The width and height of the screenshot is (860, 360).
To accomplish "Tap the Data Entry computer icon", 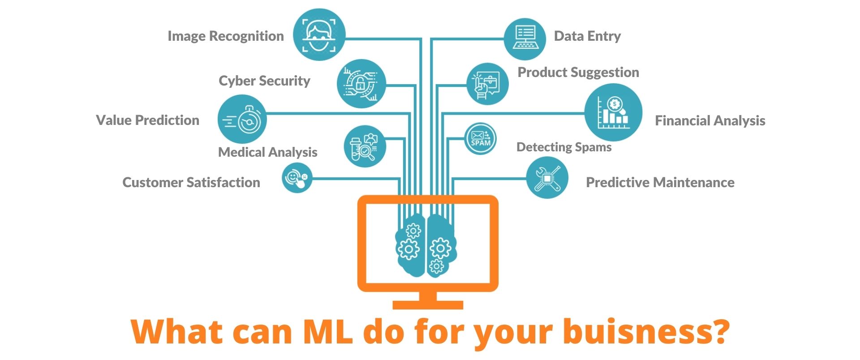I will click(x=525, y=39).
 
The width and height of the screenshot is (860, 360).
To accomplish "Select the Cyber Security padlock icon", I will click(x=361, y=84).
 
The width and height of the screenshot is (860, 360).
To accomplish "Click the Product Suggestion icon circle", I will click(x=487, y=84).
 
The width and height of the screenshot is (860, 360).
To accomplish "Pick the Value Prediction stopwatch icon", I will click(x=242, y=119).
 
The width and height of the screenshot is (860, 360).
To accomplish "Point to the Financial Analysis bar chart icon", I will click(x=613, y=113).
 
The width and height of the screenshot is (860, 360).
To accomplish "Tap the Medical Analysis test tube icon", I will click(x=365, y=146).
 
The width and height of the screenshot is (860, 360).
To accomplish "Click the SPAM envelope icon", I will click(x=480, y=139).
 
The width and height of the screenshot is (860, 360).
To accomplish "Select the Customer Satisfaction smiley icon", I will click(x=297, y=178).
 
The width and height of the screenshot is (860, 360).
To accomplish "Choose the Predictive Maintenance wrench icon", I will click(x=547, y=178).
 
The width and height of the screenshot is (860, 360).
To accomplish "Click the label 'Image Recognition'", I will click(x=225, y=36).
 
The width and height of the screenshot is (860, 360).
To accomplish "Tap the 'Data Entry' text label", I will click(x=587, y=36).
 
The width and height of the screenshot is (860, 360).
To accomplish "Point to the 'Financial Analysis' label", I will click(x=710, y=121).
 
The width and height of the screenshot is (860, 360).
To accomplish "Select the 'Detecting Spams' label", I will click(x=564, y=147).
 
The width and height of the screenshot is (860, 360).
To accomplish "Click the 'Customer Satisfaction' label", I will click(x=191, y=183).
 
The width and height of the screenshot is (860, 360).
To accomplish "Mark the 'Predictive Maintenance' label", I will click(x=660, y=183).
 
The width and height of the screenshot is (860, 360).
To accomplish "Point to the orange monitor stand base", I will click(x=428, y=305).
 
